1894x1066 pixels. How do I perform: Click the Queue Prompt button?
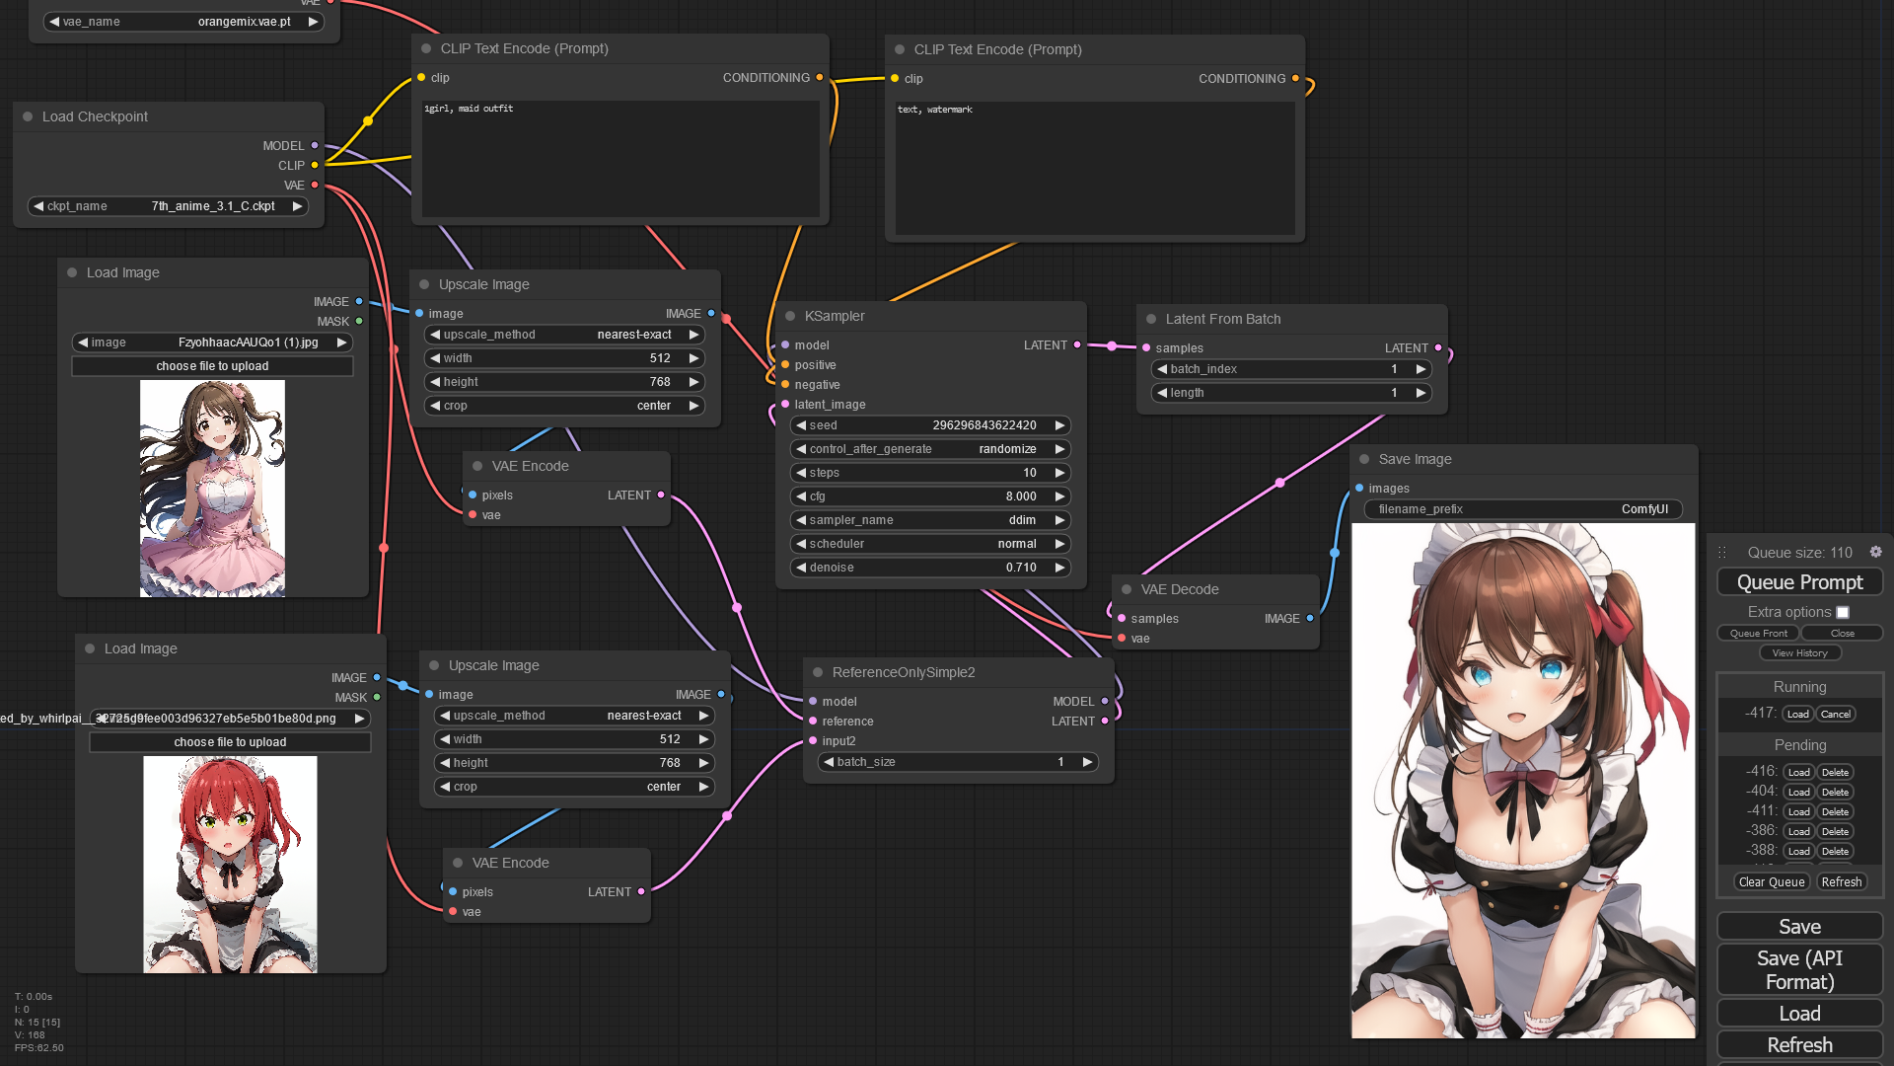click(x=1799, y=582)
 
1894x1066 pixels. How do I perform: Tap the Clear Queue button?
click(x=1772, y=881)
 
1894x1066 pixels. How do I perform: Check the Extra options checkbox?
click(x=1843, y=612)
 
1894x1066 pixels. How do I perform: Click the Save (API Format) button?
click(x=1799, y=969)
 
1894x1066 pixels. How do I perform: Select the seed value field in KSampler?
click(x=930, y=425)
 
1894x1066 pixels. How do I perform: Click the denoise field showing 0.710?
click(x=930, y=568)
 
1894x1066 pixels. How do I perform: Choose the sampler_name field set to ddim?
click(x=930, y=520)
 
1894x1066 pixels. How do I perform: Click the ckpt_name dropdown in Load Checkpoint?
click(x=168, y=206)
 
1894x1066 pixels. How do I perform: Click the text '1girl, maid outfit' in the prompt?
click(x=469, y=109)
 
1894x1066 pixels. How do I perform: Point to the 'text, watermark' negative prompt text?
click(x=934, y=110)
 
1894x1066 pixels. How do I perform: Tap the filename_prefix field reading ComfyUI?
click(x=1523, y=509)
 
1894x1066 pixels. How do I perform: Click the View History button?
click(x=1799, y=652)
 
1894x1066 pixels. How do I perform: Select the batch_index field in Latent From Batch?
click(x=1291, y=369)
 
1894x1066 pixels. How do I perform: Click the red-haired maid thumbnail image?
click(x=230, y=864)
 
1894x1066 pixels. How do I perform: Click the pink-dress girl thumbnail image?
click(x=212, y=489)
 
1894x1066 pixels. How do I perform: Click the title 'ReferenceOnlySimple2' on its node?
click(x=903, y=672)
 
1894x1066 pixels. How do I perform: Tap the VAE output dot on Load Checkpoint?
click(x=315, y=185)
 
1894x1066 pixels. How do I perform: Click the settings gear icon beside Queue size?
click(x=1875, y=552)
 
